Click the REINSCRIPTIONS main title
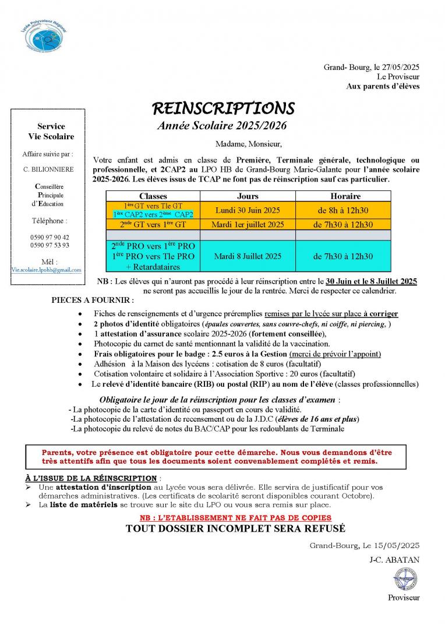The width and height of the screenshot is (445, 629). click(223, 109)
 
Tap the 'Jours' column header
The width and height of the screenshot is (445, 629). click(248, 196)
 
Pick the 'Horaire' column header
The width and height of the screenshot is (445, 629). click(345, 196)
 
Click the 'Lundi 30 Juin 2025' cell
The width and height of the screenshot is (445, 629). click(248, 210)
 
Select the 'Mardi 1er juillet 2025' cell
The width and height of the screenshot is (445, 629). click(248, 224)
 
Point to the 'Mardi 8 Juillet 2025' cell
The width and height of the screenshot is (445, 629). click(248, 256)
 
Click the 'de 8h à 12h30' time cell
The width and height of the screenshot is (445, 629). click(345, 210)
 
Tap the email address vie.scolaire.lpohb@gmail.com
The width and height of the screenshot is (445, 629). click(47, 270)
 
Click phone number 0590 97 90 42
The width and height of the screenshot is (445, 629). click(50, 237)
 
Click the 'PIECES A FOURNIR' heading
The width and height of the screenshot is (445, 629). click(92, 301)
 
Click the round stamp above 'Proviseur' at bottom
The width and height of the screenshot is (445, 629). click(403, 580)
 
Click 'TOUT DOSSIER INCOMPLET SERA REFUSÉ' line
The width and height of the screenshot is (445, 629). click(235, 529)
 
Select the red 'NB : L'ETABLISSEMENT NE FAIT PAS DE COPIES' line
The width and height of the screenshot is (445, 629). click(235, 517)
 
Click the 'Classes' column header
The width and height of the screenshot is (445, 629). click(153, 196)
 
